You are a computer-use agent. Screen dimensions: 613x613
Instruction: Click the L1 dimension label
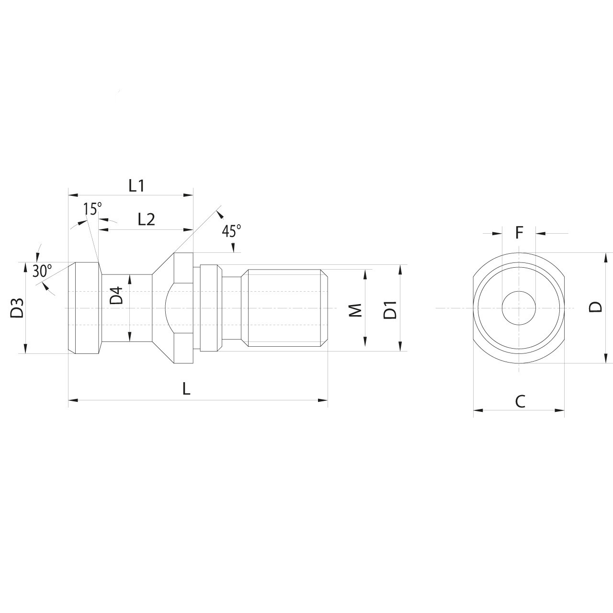pos(136,186)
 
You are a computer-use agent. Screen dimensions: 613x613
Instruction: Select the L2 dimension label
pos(146,219)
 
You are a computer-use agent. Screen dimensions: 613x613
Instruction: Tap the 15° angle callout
pos(92,209)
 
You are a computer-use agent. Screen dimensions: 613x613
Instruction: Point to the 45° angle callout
pos(231,231)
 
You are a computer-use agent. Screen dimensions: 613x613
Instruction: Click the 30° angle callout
pos(42,271)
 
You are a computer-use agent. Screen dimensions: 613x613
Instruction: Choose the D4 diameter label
pos(116,296)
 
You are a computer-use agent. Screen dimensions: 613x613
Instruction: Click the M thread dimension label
pos(355,310)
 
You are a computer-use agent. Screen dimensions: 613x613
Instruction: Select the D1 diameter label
pos(390,310)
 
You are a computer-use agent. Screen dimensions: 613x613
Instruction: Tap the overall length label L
pos(186,389)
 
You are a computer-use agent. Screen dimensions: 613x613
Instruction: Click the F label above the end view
pos(519,233)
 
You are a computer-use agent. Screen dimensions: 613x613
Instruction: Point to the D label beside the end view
pos(595,307)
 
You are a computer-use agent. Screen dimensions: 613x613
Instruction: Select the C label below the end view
pos(520,401)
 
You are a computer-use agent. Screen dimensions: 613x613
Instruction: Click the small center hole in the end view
pos(519,307)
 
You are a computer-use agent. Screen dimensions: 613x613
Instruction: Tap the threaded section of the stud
pos(285,307)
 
